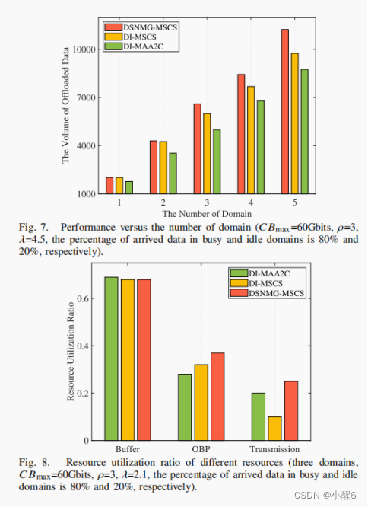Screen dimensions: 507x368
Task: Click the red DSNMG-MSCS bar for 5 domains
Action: [x=284, y=112]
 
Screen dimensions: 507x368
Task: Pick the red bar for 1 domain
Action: [x=109, y=186]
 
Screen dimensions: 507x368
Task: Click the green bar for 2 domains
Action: [x=173, y=173]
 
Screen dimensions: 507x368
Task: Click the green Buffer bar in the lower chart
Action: [x=111, y=358]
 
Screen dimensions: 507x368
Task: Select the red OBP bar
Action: [x=217, y=396]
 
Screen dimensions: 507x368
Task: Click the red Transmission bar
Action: [x=290, y=410]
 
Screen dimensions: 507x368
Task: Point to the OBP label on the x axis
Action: [x=201, y=449]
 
